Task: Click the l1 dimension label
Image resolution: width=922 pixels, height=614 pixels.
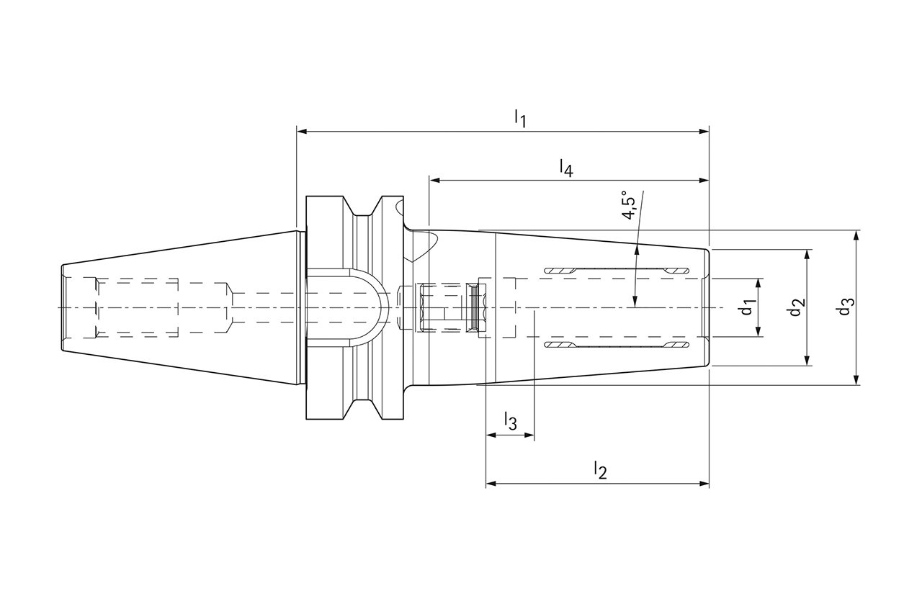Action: tap(520, 119)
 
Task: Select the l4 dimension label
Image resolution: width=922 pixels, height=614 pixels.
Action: tap(566, 168)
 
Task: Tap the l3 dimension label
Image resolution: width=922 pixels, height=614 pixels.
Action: tap(511, 421)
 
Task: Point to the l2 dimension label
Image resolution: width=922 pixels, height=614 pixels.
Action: tap(601, 470)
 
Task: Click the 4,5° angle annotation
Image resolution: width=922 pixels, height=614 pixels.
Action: tap(630, 205)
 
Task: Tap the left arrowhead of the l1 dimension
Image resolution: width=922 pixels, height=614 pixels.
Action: tap(302, 132)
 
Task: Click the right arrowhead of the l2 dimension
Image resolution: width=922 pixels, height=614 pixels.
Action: tap(704, 483)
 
